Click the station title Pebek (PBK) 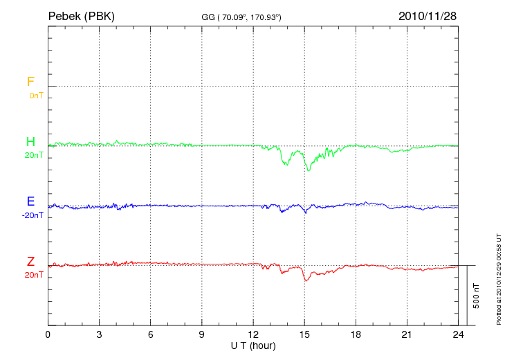click(81, 15)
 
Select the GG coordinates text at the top click(241, 16)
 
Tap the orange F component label click(30, 82)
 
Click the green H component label click(30, 142)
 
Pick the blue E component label click(30, 201)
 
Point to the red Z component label click(30, 262)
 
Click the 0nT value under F click(35, 95)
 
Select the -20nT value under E click(33, 215)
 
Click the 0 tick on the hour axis click(48, 334)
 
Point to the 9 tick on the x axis click(202, 334)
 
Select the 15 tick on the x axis click(304, 334)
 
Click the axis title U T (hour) click(253, 345)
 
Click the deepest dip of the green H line click(308, 170)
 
